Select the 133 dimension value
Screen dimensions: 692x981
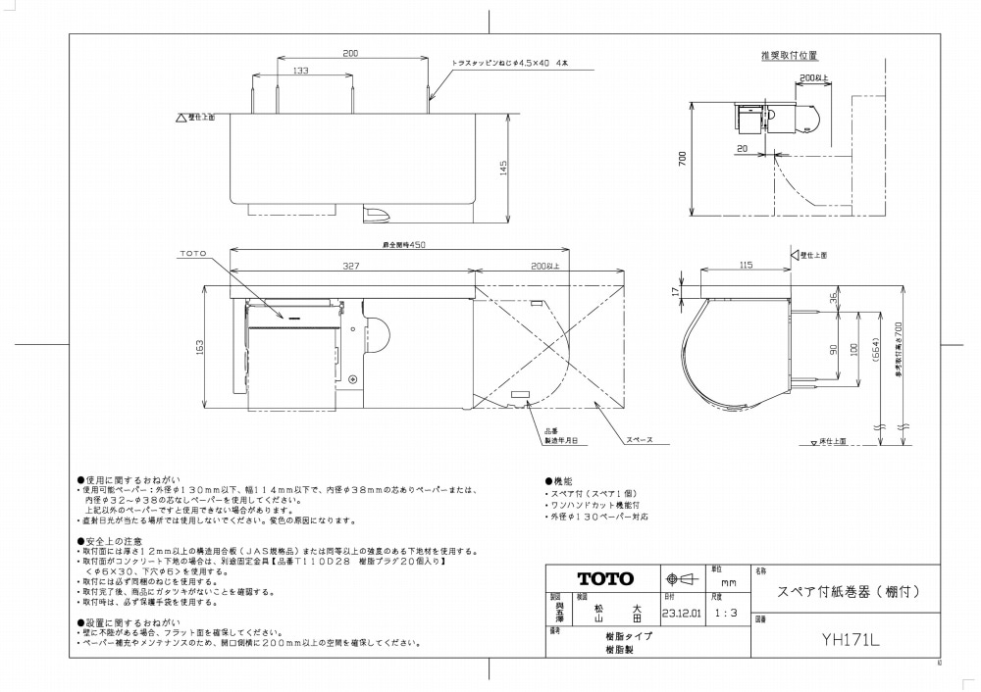click(x=301, y=71)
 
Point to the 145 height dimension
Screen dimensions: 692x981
click(x=503, y=168)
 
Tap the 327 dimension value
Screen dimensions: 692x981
click(x=350, y=265)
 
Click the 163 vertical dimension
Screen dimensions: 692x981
click(x=200, y=346)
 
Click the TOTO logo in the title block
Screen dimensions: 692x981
click(x=604, y=578)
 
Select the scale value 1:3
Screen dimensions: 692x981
click(x=728, y=615)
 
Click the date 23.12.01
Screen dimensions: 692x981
click(x=682, y=615)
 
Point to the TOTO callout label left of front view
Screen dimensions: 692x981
click(x=193, y=254)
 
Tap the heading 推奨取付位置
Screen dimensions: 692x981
click(x=789, y=56)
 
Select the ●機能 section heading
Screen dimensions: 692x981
click(x=558, y=482)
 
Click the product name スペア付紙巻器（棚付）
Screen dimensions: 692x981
click(x=848, y=592)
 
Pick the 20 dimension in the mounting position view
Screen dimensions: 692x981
click(x=744, y=148)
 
